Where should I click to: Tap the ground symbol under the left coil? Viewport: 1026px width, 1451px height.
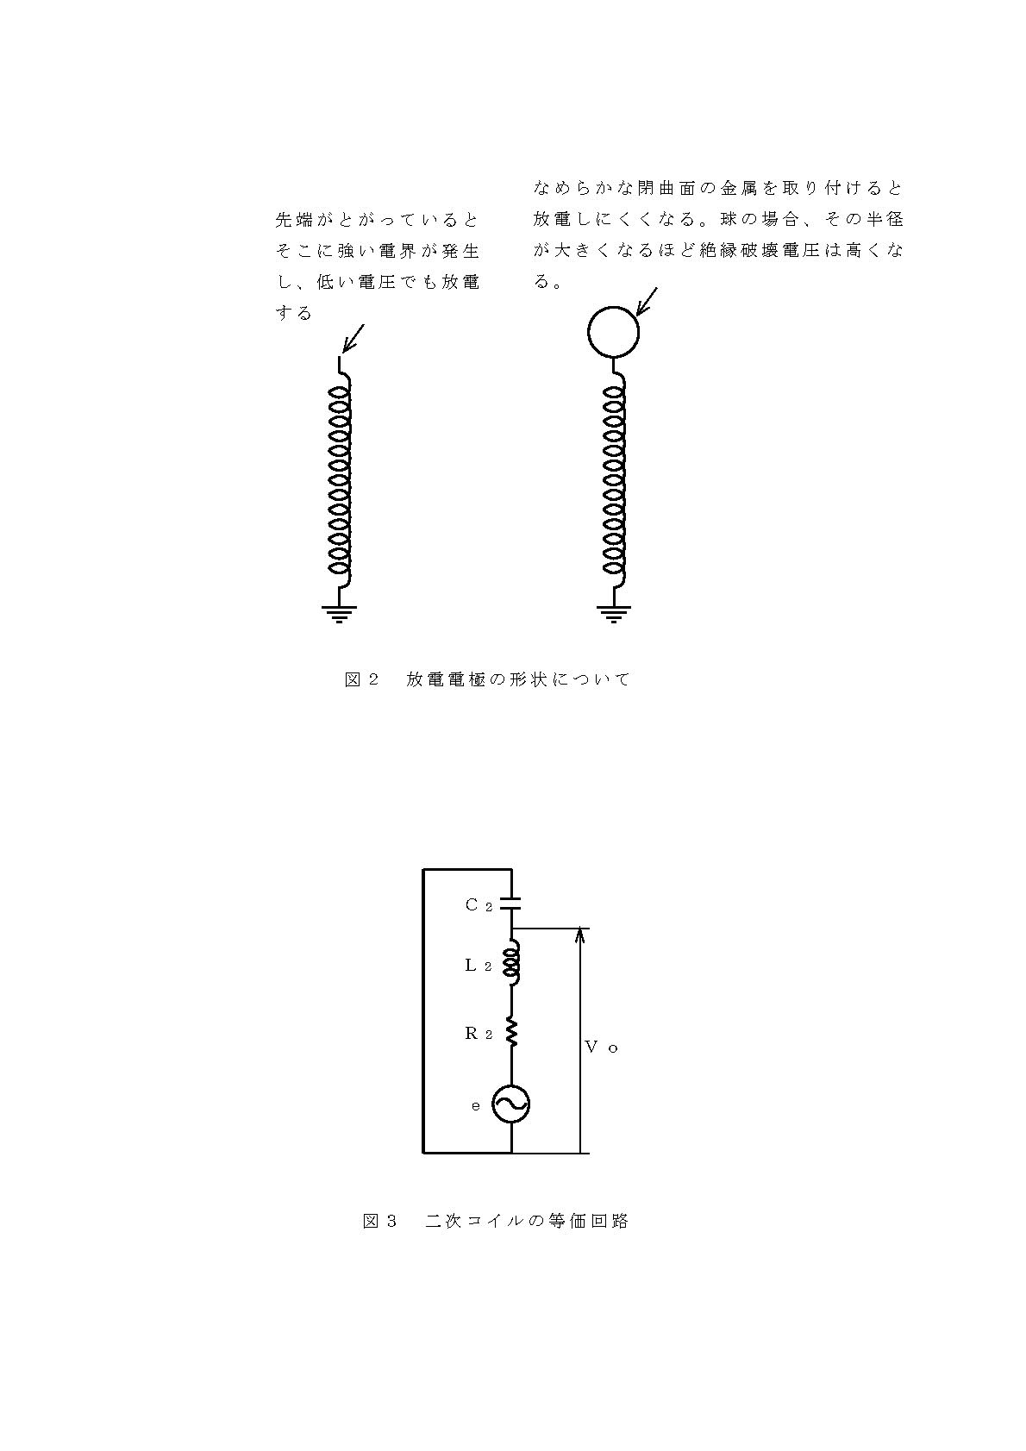pyautogui.click(x=339, y=613)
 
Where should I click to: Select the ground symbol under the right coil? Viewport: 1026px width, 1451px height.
pyautogui.click(x=613, y=613)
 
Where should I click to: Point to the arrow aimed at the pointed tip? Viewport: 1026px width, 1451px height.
pyautogui.click(x=353, y=339)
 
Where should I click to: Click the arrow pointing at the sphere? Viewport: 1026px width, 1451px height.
pyautogui.click(x=647, y=302)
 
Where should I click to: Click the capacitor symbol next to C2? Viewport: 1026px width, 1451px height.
pyautogui.click(x=511, y=903)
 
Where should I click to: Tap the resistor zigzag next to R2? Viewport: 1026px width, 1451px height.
pyautogui.click(x=511, y=1033)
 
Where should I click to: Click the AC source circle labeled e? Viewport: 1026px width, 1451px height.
pyautogui.click(x=511, y=1104)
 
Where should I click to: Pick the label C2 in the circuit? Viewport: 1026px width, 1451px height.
pyautogui.click(x=479, y=905)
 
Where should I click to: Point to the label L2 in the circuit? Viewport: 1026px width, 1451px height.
pyautogui.click(x=479, y=965)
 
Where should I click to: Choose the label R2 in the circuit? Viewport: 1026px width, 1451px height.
pyautogui.click(x=479, y=1033)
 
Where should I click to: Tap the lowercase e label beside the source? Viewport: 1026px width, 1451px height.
pyautogui.click(x=476, y=1106)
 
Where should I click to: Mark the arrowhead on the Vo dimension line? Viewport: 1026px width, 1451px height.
pyautogui.click(x=580, y=934)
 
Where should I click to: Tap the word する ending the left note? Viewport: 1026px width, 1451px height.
pyautogui.click(x=294, y=314)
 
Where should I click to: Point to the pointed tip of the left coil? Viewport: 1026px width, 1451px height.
pyautogui.click(x=340, y=355)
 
